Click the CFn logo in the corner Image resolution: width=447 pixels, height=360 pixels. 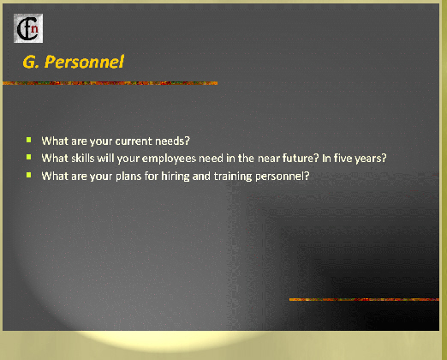28,28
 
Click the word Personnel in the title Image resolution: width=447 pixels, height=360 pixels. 84,62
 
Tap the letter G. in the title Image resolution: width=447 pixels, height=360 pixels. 31,62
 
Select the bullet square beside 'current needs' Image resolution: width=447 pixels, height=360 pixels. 29,140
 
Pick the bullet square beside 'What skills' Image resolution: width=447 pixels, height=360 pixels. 29,157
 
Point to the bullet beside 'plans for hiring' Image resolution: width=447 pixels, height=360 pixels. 29,175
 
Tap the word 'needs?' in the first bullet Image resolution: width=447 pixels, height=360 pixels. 172,141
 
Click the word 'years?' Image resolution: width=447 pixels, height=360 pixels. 371,159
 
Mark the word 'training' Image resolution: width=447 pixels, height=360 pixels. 233,177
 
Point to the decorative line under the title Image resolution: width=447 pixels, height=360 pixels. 110,83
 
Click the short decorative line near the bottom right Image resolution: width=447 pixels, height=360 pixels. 364,299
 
